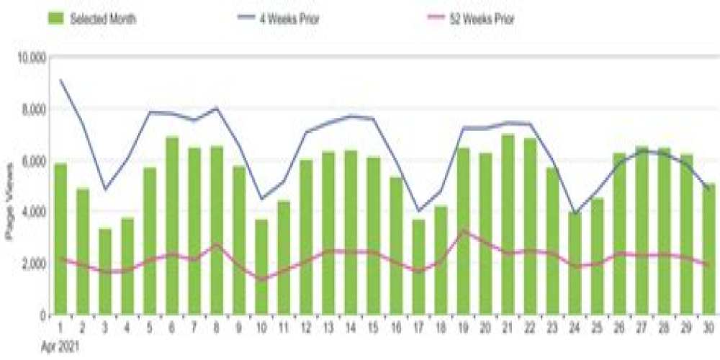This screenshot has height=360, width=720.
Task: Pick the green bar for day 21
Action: (x=507, y=224)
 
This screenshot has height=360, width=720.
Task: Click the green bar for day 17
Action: (x=418, y=267)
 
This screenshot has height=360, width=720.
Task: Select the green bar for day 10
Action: (x=261, y=267)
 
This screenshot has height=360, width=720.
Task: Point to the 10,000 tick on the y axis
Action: (x=31, y=58)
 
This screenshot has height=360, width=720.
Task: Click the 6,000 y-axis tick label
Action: (x=33, y=161)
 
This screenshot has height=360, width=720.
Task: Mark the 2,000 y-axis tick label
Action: (x=33, y=264)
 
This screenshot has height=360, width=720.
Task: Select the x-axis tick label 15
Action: (x=373, y=328)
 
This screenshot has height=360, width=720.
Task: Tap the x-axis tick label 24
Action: (x=574, y=328)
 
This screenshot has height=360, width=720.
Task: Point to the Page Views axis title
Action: (x=10, y=209)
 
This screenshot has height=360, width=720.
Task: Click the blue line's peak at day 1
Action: (x=61, y=80)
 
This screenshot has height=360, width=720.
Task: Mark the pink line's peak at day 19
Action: (x=464, y=230)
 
